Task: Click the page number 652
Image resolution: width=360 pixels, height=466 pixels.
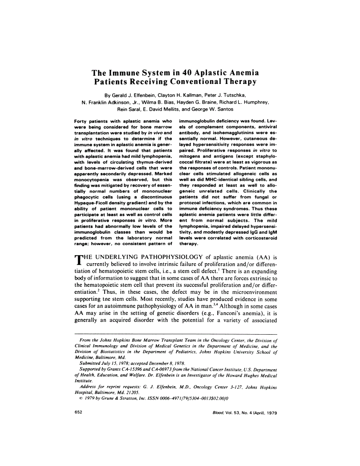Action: coord(78,413)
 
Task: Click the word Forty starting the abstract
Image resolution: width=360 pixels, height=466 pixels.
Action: coord(80,117)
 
